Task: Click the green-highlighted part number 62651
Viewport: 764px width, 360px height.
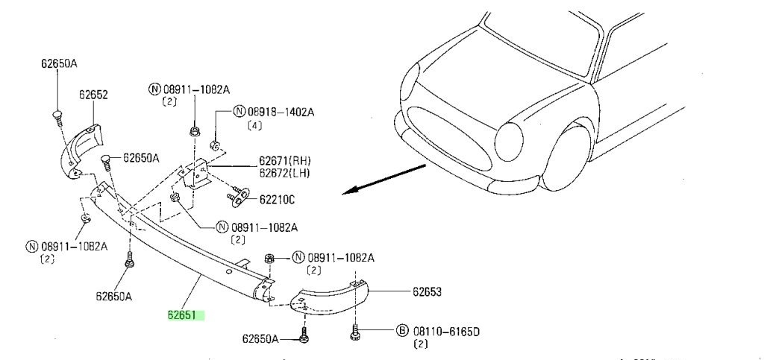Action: (x=182, y=315)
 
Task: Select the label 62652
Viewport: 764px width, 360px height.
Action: (x=93, y=95)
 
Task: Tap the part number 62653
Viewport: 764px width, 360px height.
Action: (x=427, y=292)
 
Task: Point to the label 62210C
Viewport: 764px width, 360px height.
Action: (x=277, y=199)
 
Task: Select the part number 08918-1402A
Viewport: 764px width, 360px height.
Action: (x=281, y=113)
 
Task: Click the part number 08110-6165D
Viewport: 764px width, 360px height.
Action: (x=446, y=332)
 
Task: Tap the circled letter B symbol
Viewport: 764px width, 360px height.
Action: (x=402, y=331)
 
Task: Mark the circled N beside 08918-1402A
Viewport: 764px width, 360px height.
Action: (x=239, y=112)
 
